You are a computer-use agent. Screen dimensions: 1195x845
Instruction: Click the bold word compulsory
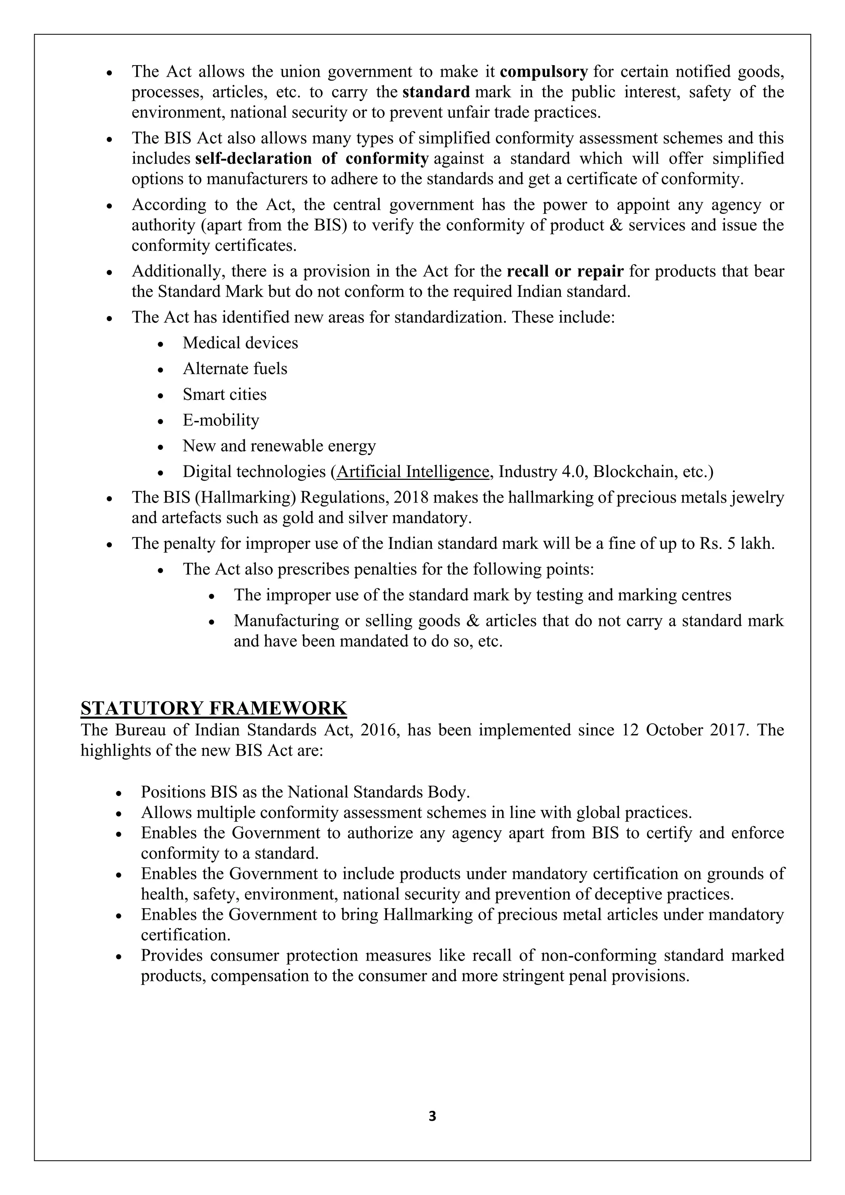544,71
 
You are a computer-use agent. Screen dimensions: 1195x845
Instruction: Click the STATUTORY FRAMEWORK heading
214,708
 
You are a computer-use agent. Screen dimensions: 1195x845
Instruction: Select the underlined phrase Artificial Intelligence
413,472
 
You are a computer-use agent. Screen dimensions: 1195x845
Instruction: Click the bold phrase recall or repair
565,271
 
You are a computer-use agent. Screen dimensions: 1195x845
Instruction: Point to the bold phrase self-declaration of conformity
312,158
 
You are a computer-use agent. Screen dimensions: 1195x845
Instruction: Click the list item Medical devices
241,343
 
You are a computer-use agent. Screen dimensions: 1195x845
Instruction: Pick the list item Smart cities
224,394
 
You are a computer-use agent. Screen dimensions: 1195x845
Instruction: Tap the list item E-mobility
221,420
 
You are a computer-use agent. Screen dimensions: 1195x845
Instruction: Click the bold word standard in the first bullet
436,92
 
